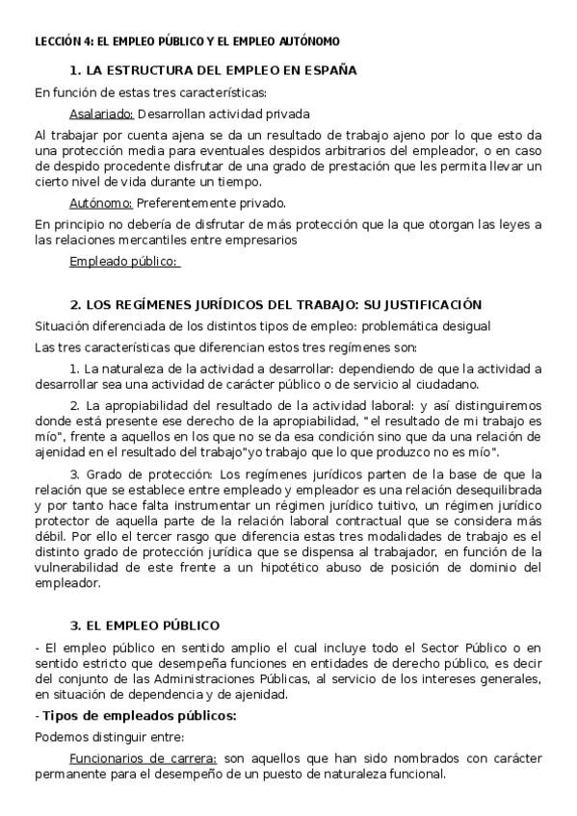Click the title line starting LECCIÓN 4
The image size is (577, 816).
pyautogui.click(x=187, y=42)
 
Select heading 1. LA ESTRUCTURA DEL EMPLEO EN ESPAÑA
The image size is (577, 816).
pyautogui.click(x=213, y=70)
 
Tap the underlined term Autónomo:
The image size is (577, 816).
pyautogui.click(x=101, y=203)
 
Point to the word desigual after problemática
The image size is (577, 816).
pyautogui.click(x=463, y=326)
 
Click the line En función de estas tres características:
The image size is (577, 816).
pyautogui.click(x=150, y=92)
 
